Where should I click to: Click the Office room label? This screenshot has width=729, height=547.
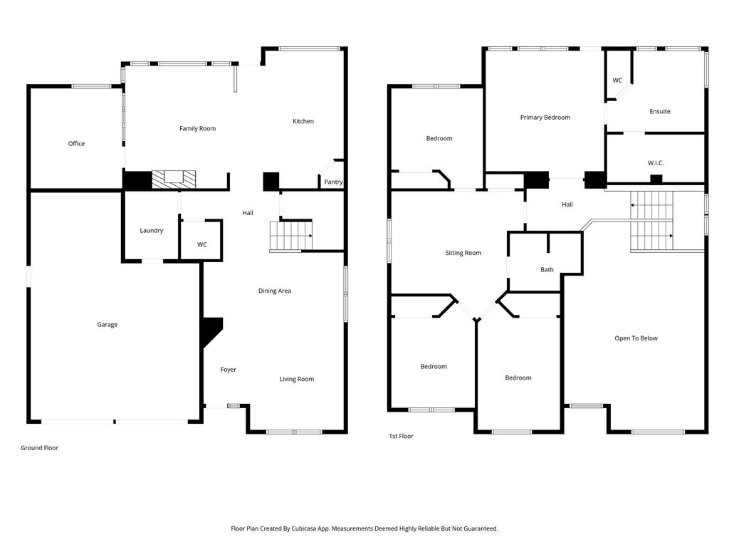point(76,144)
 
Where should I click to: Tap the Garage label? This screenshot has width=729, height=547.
point(107,325)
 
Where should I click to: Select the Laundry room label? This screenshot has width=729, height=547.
point(152,231)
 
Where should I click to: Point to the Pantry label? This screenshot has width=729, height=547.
point(333,182)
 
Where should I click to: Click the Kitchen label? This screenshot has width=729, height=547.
point(303,121)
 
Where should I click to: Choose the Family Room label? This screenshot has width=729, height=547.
point(198,129)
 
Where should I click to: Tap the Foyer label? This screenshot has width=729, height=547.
point(229,370)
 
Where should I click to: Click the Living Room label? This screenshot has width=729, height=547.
point(297,379)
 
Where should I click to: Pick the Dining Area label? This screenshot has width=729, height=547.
point(275,291)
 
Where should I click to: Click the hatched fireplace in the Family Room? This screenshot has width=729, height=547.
point(174,179)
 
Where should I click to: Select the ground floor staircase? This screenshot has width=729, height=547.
point(290,236)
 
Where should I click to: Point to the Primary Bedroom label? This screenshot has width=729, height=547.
point(545,118)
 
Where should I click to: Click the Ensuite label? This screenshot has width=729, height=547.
point(660,112)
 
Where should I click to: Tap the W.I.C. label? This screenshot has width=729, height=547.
point(656,163)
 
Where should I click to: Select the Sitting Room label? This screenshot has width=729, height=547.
point(463,253)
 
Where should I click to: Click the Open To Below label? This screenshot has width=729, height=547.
point(636,338)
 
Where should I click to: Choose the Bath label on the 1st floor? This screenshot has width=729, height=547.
point(547,270)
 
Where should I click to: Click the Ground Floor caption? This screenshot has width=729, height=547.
point(40,448)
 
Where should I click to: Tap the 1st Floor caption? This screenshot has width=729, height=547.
point(402,437)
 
